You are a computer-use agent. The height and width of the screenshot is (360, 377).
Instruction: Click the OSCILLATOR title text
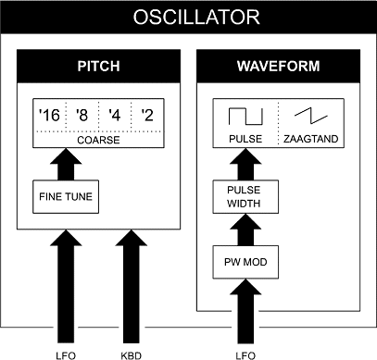pos(196,17)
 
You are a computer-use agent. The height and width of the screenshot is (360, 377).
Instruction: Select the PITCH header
pos(98,66)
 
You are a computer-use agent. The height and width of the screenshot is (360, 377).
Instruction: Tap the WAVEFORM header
pos(279,66)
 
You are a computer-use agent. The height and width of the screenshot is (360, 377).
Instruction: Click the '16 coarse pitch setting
pos(49,115)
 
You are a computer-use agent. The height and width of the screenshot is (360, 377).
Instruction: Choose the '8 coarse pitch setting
pos(82,115)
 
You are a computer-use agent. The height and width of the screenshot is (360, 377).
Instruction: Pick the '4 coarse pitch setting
pos(115,115)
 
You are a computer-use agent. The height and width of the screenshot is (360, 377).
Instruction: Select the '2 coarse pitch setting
pos(147,115)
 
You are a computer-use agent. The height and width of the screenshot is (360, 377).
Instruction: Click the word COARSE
pos(98,140)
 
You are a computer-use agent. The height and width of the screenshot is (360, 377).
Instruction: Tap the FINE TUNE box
pos(66,197)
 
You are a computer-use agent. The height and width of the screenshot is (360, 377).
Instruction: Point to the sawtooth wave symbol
pos(311,116)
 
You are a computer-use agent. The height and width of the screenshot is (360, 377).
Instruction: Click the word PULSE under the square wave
pos(245,139)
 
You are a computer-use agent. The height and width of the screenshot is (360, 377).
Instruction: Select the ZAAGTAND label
pos(311,139)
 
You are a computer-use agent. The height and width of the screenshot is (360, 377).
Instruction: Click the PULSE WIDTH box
pos(245,197)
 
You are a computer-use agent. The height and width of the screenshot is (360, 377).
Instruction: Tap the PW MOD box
pos(245,262)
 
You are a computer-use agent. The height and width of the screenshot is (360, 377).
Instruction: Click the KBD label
pos(132,355)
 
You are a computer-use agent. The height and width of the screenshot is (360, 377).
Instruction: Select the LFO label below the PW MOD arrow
pos(245,355)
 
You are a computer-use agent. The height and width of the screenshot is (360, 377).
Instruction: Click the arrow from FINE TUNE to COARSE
pos(66,165)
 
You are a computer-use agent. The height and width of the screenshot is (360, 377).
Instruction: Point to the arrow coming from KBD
pos(132,286)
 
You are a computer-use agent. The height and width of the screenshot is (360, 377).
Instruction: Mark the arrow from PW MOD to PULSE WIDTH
pos(245,230)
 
